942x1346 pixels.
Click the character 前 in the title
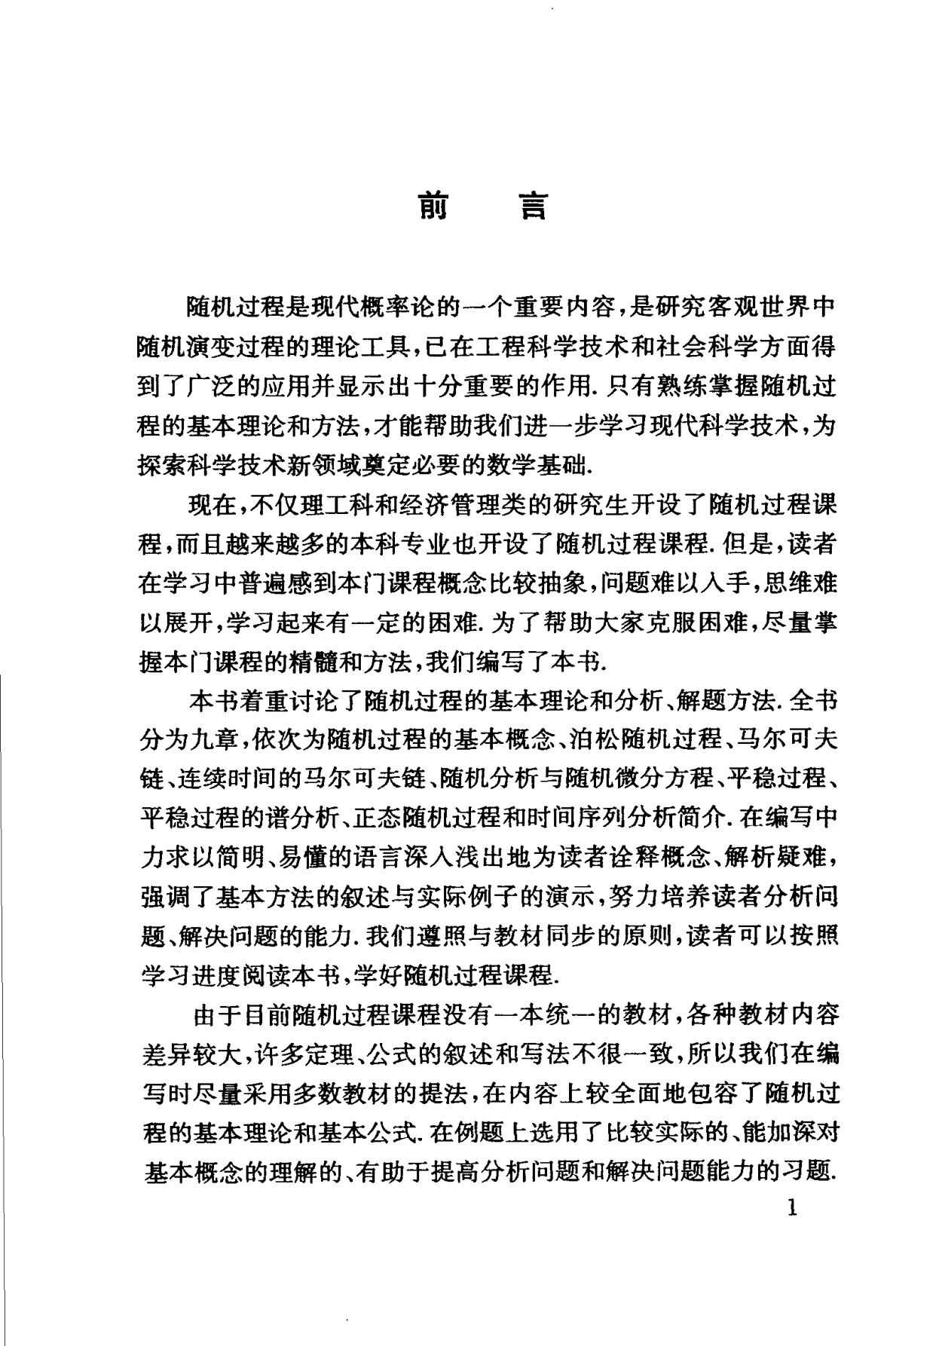[433, 206]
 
